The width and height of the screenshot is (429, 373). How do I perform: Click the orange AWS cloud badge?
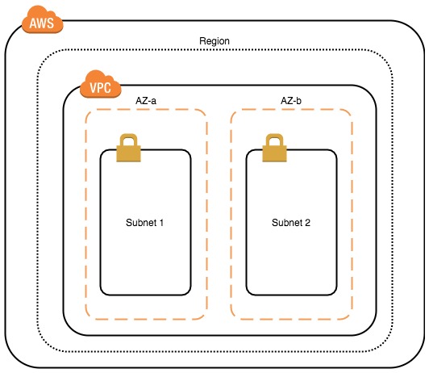43,20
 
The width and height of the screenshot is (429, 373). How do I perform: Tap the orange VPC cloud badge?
101,84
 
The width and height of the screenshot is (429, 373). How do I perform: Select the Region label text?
214,41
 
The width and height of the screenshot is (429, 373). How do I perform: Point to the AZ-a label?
146,101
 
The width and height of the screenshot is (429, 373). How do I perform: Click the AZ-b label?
291,101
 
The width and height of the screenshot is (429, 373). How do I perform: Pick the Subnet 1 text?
144,222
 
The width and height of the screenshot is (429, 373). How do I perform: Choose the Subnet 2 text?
291,222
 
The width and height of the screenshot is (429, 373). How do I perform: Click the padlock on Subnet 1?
128,148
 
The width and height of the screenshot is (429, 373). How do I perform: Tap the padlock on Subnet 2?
274,148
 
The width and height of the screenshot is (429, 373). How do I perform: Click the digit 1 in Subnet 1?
161,223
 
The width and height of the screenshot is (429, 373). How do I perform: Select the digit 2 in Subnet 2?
307,223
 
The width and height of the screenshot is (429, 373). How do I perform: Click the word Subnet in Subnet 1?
141,222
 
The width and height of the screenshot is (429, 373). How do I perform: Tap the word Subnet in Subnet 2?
287,222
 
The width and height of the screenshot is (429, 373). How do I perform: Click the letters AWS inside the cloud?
42,23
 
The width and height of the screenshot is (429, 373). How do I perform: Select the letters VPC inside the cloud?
101,88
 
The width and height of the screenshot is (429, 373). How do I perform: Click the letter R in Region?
202,41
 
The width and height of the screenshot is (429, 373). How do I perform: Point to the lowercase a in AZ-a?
153,102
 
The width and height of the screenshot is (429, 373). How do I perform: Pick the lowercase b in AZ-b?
298,101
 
